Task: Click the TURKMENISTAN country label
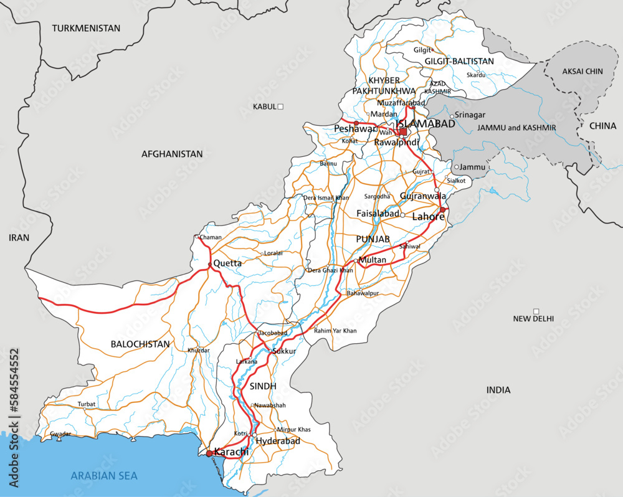coord(86,29)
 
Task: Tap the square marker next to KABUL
coord(280,107)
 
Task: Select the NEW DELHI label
coord(533,319)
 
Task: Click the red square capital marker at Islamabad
coord(403,131)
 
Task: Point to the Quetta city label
coord(227,263)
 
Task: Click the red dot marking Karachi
coord(209,453)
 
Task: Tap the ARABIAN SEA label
coord(104,476)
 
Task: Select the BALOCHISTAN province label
coord(140,344)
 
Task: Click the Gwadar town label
coord(60,433)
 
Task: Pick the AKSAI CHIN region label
coord(583,72)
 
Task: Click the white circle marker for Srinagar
coord(453,116)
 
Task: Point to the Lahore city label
coord(428,217)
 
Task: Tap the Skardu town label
coord(475,75)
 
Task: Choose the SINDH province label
coord(263,386)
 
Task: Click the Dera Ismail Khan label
coord(326,198)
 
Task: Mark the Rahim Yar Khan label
coord(335,331)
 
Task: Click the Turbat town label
coord(87,404)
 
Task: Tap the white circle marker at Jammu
coord(457,167)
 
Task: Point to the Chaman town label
coord(211,237)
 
